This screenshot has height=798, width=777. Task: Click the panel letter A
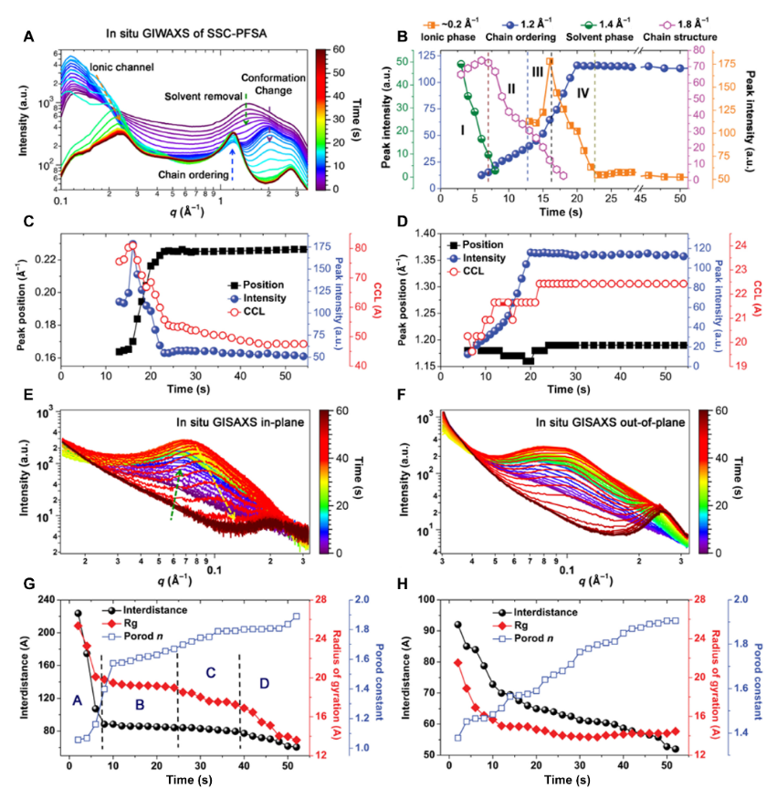pyautogui.click(x=29, y=36)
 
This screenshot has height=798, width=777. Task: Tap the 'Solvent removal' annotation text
pyautogui.click(x=204, y=95)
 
